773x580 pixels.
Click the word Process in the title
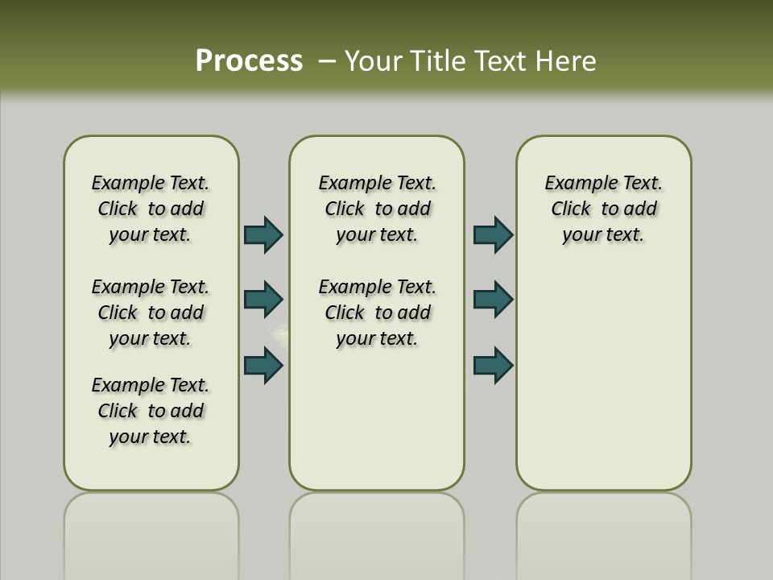(x=249, y=60)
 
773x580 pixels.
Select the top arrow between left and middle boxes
(x=263, y=235)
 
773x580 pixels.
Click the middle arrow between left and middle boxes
(x=263, y=300)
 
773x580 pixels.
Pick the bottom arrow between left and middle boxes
(x=263, y=366)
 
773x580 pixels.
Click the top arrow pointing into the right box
(x=493, y=235)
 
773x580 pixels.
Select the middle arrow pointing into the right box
(x=493, y=300)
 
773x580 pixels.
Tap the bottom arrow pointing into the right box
(x=493, y=366)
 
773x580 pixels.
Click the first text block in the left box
(x=151, y=209)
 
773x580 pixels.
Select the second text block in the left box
(x=151, y=313)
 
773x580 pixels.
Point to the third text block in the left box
(x=151, y=411)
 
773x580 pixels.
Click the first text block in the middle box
(x=377, y=209)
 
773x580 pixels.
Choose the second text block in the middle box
(x=377, y=313)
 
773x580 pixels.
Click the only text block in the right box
(x=604, y=209)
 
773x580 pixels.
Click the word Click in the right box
(x=571, y=209)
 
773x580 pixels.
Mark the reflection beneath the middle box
(x=377, y=532)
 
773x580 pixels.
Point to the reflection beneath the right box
(x=604, y=532)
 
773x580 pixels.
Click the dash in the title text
(x=328, y=60)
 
